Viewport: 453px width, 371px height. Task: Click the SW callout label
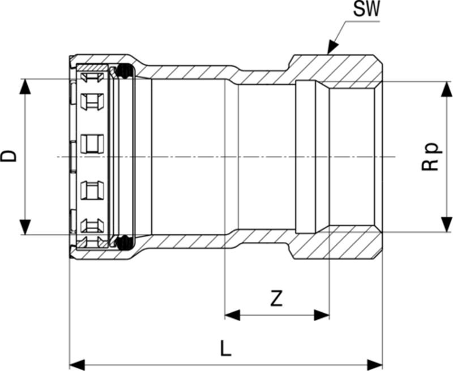367,10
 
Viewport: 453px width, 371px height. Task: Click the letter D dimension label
10,156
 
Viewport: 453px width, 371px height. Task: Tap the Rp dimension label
431,156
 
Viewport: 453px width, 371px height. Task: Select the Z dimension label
276,298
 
